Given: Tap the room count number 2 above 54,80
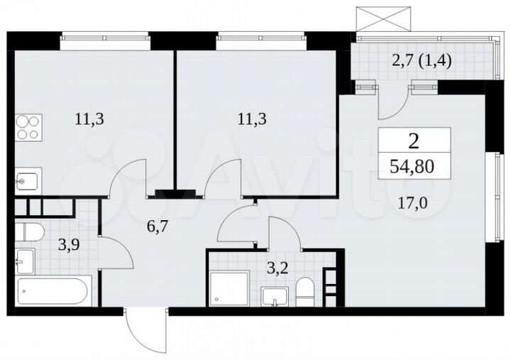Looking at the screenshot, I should (414, 140).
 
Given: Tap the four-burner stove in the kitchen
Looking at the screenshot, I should (28, 129).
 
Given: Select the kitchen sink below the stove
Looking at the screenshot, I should (28, 180).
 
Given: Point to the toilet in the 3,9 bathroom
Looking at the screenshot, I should (30, 231).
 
